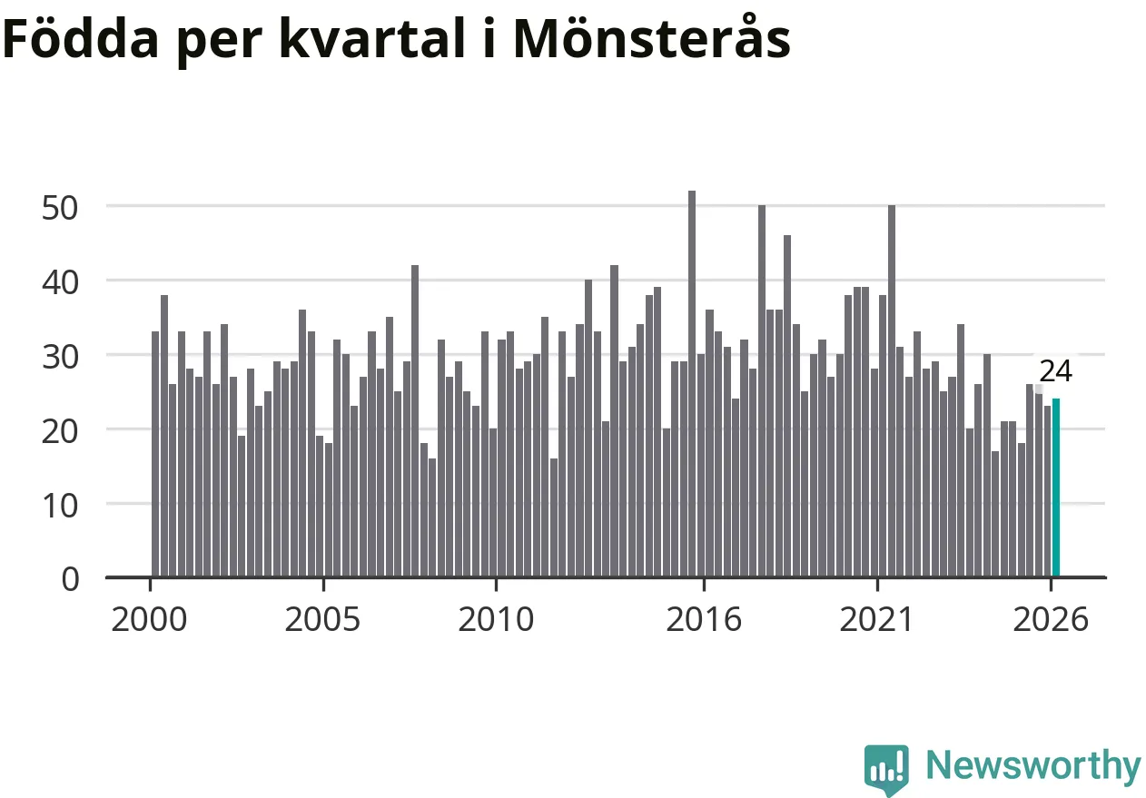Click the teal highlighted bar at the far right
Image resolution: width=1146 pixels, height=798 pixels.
click(1055, 488)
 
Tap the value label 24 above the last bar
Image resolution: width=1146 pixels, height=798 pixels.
click(1055, 371)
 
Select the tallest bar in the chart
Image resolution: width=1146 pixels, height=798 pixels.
click(692, 384)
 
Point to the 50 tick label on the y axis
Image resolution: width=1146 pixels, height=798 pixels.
click(60, 208)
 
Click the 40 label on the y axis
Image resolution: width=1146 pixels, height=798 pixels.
click(60, 283)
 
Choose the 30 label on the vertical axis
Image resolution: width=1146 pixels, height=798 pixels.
click(60, 358)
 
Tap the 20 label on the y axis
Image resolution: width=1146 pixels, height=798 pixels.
click(60, 432)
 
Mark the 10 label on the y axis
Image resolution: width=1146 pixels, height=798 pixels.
click(60, 507)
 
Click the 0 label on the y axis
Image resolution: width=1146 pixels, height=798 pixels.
click(70, 580)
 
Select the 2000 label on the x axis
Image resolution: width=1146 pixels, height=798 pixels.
click(149, 620)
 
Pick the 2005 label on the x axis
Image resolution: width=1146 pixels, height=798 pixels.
click(322, 620)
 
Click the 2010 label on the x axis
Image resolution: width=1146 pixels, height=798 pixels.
click(496, 620)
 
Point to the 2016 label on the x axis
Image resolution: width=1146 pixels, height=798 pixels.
click(704, 620)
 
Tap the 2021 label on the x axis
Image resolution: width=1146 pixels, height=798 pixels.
click(876, 620)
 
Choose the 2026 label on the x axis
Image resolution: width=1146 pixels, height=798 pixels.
click(1051, 620)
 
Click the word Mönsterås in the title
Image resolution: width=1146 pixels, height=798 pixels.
click(652, 37)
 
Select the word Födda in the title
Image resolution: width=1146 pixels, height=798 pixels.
click(81, 37)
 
